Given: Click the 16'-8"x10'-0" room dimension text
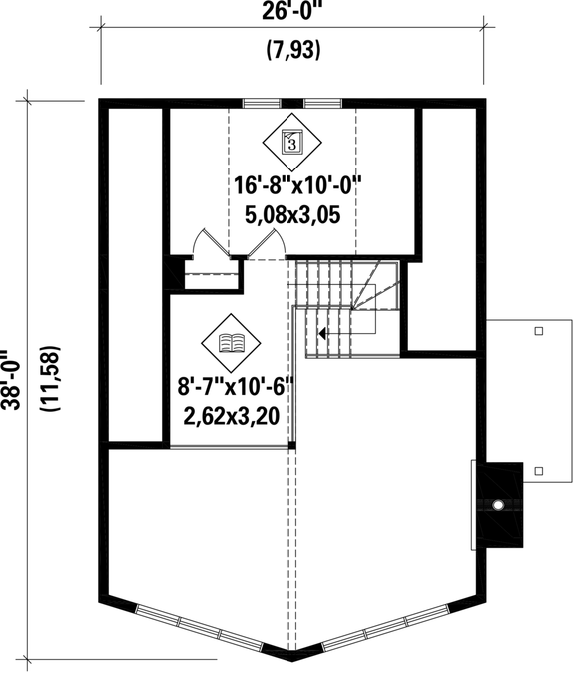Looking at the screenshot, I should click(296, 185).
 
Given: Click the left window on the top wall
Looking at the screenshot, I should click(262, 101).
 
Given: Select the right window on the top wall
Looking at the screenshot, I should click(322, 101).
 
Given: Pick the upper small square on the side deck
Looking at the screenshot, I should click(539, 330).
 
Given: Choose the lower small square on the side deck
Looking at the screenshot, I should click(539, 470).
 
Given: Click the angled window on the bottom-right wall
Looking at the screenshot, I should click(381, 628).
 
